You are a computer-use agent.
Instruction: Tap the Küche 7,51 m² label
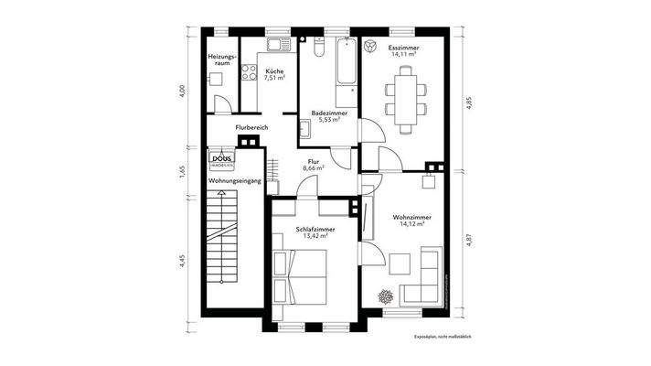273,75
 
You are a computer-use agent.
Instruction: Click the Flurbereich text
251,127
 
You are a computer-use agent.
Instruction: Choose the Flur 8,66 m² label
315,166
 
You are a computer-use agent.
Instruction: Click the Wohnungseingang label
235,181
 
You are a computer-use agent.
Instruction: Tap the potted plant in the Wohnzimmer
385,296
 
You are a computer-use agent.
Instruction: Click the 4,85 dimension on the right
469,102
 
